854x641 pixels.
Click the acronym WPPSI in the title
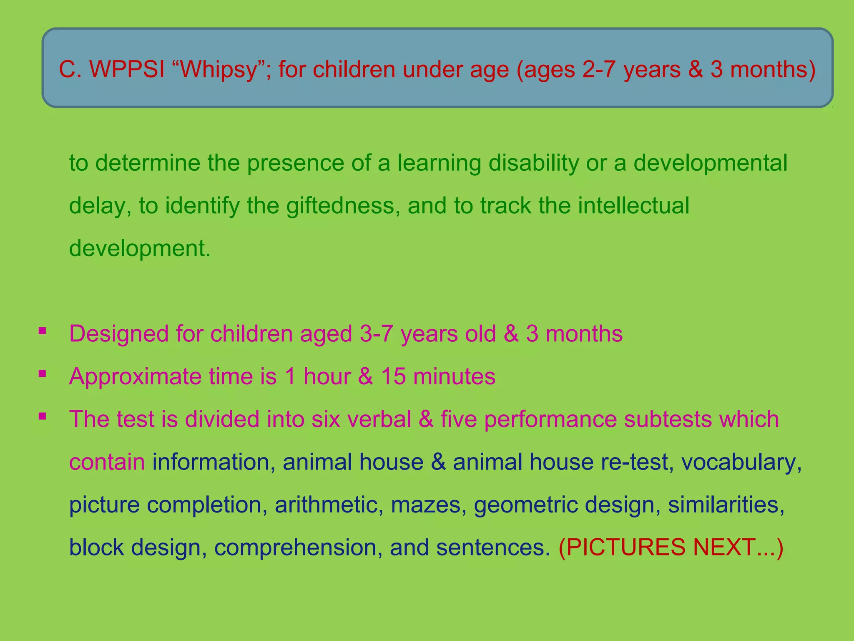click(127, 69)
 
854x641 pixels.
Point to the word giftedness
click(340, 205)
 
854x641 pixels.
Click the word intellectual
click(633, 205)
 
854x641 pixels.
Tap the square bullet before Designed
click(42, 331)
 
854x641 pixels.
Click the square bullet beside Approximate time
click(42, 373)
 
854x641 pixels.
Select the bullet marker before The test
click(42, 416)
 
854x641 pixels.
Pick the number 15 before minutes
click(393, 376)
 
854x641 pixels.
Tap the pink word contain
click(107, 462)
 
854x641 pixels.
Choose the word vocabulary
click(741, 462)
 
